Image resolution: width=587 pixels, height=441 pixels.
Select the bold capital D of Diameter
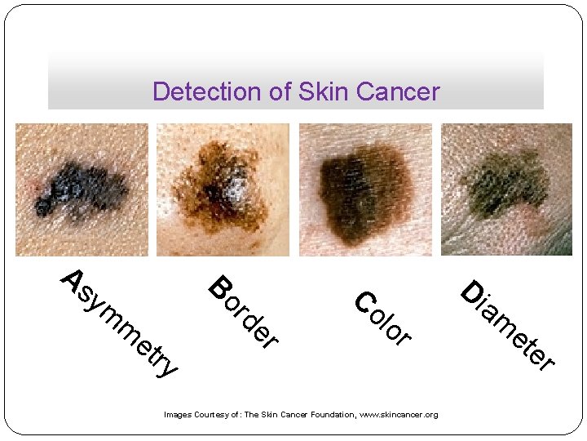472,292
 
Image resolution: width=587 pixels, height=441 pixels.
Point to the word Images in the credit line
179,415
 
